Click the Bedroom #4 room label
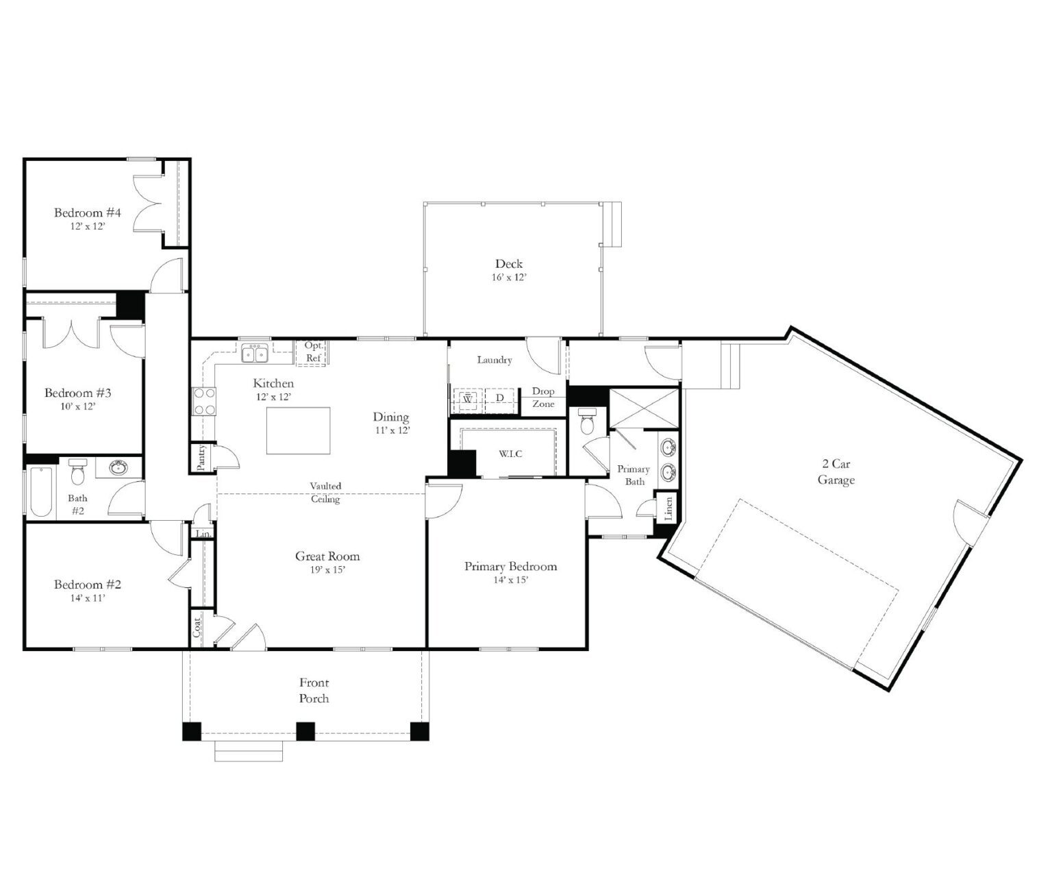[88, 212]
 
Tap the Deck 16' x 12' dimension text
[508, 278]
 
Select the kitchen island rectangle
[298, 430]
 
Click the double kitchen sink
[255, 354]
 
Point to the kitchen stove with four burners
[204, 402]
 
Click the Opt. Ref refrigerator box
[312, 352]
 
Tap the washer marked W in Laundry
[468, 398]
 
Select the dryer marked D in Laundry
[499, 398]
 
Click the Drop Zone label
[543, 397]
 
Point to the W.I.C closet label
[510, 454]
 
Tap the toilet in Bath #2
[77, 472]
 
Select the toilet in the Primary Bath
[586, 423]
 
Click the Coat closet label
[197, 628]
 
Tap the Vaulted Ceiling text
[325, 492]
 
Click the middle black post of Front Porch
[305, 731]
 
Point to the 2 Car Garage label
[836, 472]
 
